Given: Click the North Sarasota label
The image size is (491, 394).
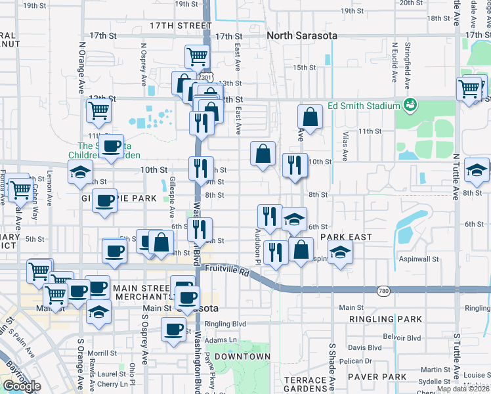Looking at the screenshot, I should click(x=302, y=35).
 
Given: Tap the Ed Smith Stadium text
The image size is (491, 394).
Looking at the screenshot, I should click(x=364, y=106).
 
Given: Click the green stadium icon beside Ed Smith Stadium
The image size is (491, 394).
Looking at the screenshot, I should click(x=410, y=104).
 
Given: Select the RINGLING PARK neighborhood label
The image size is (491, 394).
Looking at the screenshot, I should click(x=385, y=319).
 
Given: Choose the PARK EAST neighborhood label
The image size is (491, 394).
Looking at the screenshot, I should click(x=346, y=237).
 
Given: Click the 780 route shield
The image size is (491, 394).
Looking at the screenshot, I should click(x=385, y=290).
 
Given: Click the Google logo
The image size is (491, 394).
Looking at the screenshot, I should click(x=22, y=385).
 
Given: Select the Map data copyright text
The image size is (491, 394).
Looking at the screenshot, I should click(x=463, y=389).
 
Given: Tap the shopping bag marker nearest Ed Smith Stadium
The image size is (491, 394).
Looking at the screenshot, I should click(x=310, y=118).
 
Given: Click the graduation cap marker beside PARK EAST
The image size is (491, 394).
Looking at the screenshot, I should click(x=340, y=252).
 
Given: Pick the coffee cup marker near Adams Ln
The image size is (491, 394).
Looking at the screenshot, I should click(x=174, y=329).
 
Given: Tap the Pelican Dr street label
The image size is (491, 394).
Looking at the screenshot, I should click(x=360, y=361).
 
